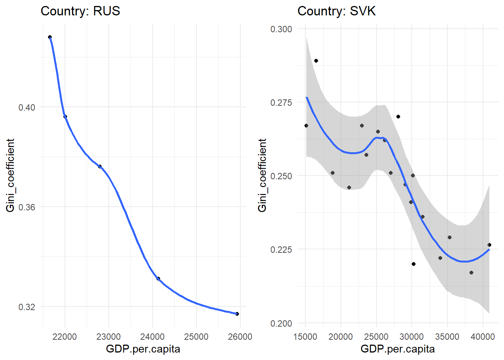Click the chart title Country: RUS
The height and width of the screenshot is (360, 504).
tap(80, 11)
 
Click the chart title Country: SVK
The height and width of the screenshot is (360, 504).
tap(336, 11)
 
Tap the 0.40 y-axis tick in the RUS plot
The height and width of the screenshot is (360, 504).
tap(27, 107)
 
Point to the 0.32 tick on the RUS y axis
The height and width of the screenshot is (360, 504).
tap(27, 307)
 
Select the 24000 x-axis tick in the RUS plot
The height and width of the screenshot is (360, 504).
tap(152, 336)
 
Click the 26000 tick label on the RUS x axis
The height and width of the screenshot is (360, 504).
tap(240, 336)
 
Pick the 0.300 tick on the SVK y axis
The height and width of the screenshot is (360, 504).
tap(281, 29)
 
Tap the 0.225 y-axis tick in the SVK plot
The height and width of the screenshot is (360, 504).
tap(281, 249)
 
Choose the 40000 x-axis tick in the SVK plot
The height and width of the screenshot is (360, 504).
tap(483, 336)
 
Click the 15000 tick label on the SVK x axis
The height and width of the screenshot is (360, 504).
tap(305, 336)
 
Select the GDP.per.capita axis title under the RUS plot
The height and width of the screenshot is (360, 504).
tap(143, 349)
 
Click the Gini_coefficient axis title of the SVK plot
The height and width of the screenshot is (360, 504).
tap(262, 175)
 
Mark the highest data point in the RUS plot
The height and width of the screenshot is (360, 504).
tap(50, 37)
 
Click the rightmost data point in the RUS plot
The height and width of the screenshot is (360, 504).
tap(237, 314)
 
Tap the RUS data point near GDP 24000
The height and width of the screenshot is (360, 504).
tap(158, 279)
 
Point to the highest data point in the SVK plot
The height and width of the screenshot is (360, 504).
tap(316, 61)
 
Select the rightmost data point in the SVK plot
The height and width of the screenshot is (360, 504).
tap(489, 245)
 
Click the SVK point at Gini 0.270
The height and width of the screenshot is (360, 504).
tap(398, 117)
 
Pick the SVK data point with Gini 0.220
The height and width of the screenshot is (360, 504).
tap(414, 264)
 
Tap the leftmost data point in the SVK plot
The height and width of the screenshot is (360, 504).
tap(306, 126)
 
